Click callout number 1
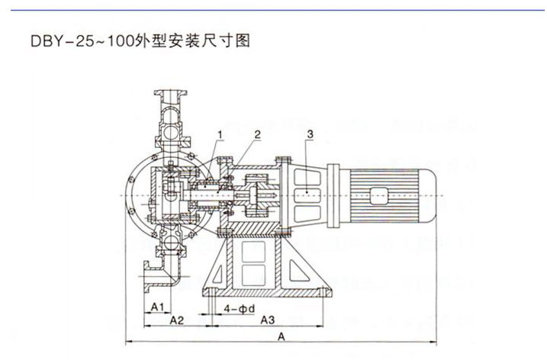click(219, 134)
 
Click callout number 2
click(257, 134)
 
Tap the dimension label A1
click(156, 307)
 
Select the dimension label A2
click(176, 320)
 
